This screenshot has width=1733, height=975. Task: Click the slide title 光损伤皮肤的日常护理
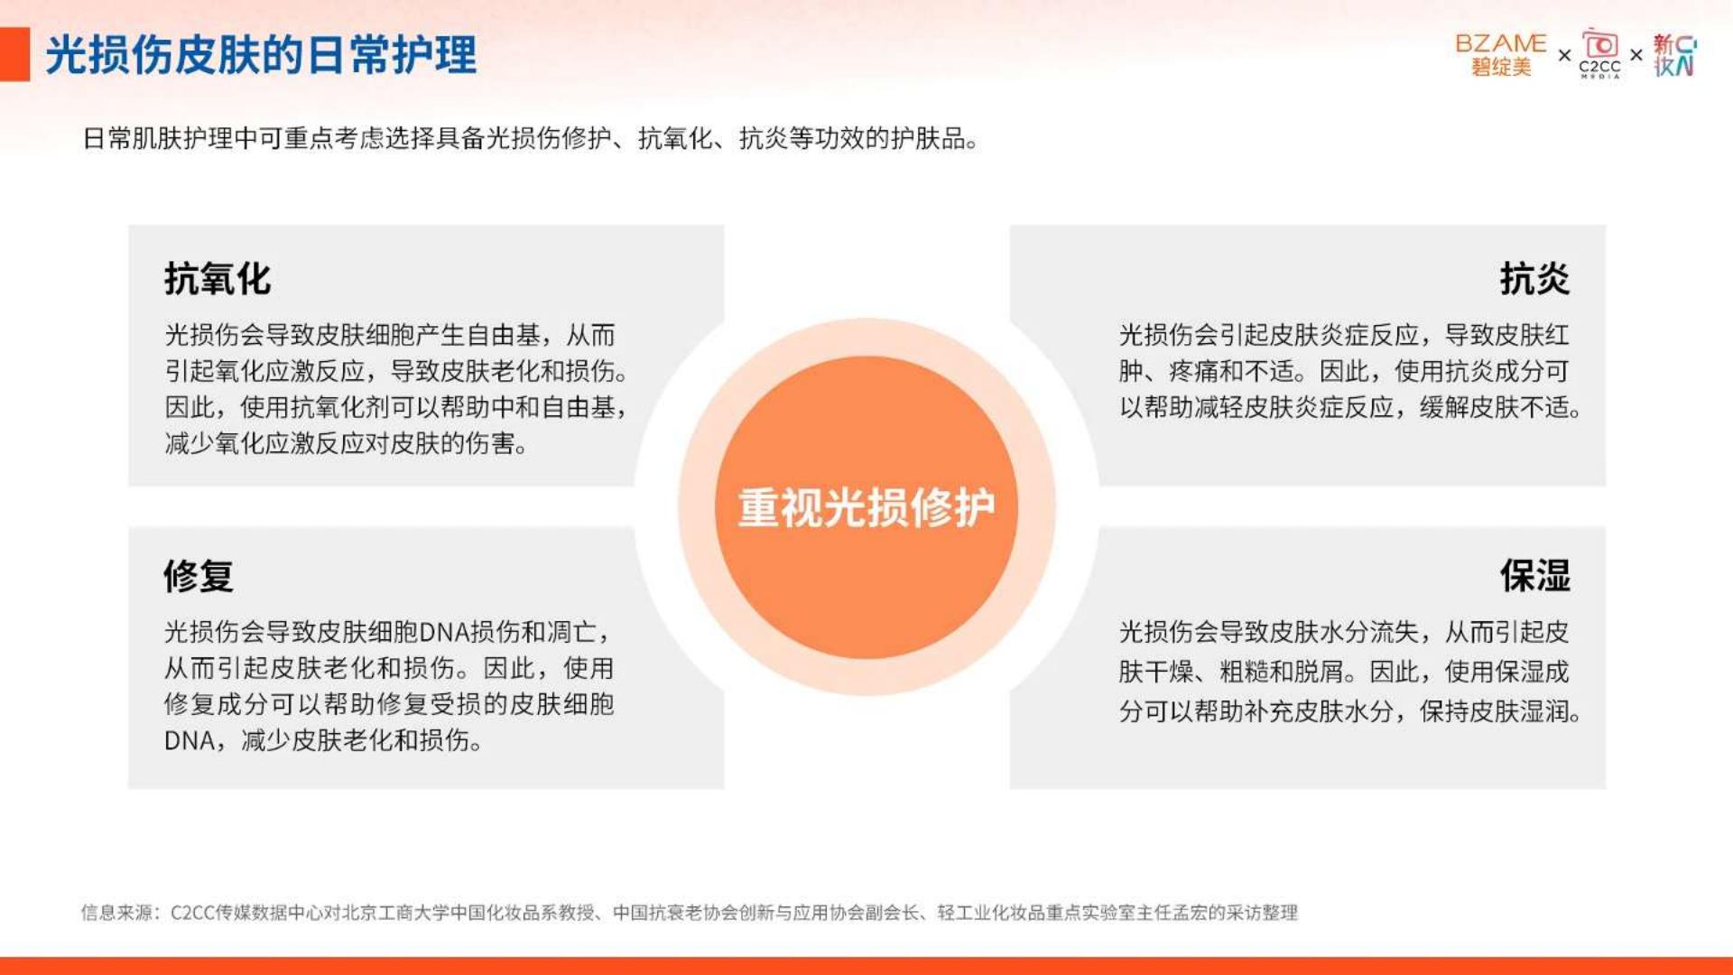point(261,55)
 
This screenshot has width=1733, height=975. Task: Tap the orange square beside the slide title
point(14,55)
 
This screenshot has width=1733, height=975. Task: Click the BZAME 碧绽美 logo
point(1500,55)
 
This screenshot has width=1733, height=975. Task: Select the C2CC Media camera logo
point(1599,53)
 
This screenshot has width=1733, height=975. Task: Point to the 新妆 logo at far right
point(1675,55)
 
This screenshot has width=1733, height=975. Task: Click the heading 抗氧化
point(218,279)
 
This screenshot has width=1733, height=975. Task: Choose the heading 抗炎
point(1534,279)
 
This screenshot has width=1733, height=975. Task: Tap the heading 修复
point(199,575)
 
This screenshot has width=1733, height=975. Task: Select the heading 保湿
point(1534,575)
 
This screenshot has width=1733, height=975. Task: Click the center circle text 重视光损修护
point(866,507)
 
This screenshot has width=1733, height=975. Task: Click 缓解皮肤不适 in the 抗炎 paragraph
point(1494,407)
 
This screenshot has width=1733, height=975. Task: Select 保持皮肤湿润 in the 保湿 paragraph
point(1494,711)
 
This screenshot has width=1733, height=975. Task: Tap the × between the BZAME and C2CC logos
point(1564,56)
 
